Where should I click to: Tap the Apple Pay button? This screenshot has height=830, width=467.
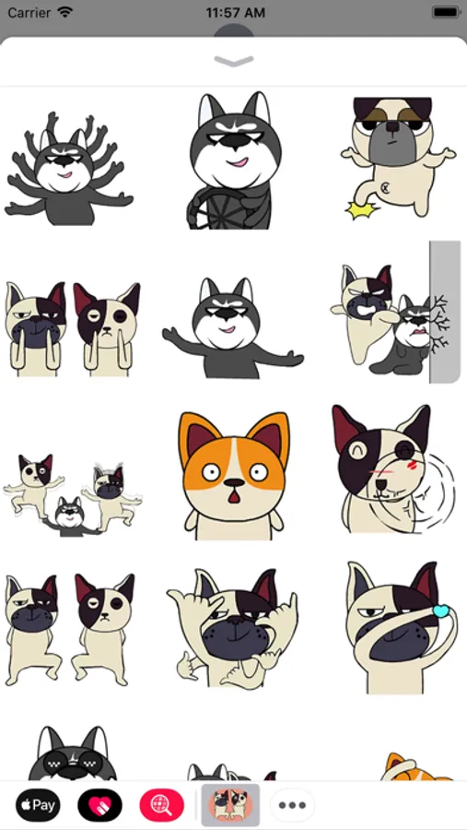38,806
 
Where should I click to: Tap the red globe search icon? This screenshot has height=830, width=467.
162,806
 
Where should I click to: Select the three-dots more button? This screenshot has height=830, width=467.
293,806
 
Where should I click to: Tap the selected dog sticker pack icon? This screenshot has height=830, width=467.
230,805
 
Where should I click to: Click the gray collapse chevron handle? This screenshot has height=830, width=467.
234,62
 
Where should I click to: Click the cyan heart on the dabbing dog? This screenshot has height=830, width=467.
440,611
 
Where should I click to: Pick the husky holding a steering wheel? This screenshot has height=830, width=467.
233,160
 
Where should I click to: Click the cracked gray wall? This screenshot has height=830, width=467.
445,312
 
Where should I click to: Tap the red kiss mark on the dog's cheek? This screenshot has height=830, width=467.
413,465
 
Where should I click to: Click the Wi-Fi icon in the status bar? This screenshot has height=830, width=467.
65,12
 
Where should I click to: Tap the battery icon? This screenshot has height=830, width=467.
446,12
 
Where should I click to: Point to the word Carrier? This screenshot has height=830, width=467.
29,12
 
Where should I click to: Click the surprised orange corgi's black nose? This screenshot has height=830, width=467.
234,482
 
